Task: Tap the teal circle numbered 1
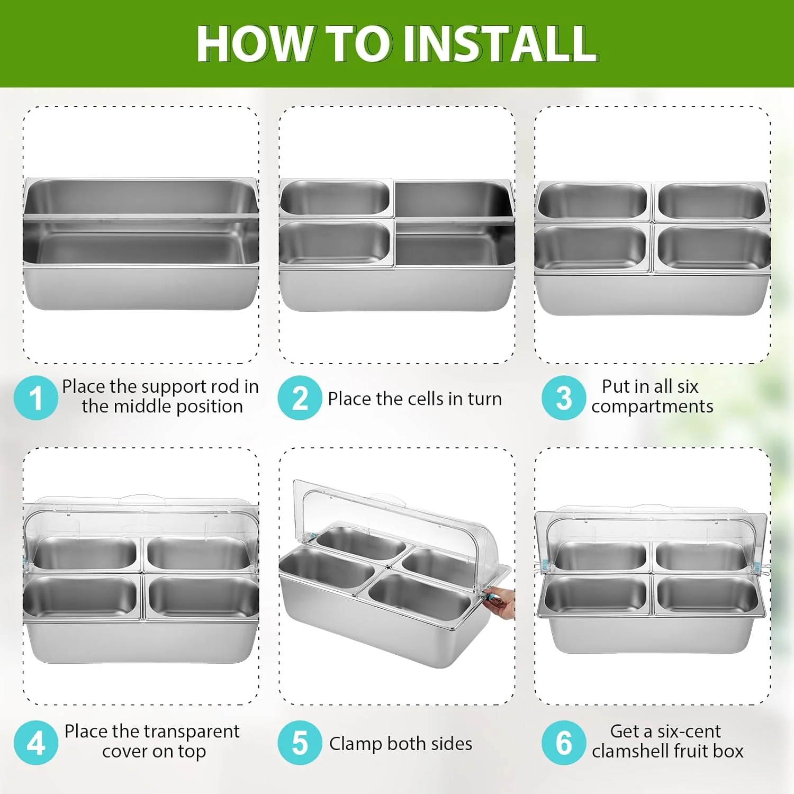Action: click(36, 398)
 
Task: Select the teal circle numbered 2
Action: click(300, 398)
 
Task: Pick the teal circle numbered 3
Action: click(564, 398)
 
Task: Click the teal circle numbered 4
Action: click(36, 743)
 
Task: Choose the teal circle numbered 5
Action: click(300, 743)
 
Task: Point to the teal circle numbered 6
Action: click(564, 743)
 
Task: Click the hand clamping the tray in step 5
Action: click(500, 603)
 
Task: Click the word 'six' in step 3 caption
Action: click(688, 386)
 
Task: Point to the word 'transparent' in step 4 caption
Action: click(192, 732)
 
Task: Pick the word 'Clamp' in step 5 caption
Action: click(356, 744)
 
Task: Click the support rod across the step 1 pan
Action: click(141, 216)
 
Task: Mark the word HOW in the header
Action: click(253, 43)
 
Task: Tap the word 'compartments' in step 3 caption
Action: click(652, 407)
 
